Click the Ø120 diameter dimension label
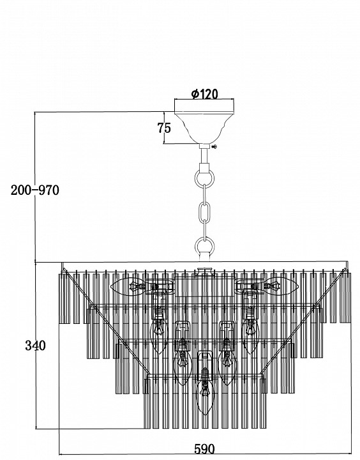click(x=205, y=94)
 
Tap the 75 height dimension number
click(x=164, y=128)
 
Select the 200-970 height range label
click(x=35, y=190)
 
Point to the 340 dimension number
click(x=35, y=346)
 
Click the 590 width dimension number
click(x=204, y=449)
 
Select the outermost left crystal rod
click(x=64, y=298)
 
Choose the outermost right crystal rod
click(x=345, y=298)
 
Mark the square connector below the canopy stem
click(x=204, y=169)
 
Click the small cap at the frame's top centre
click(x=205, y=270)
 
